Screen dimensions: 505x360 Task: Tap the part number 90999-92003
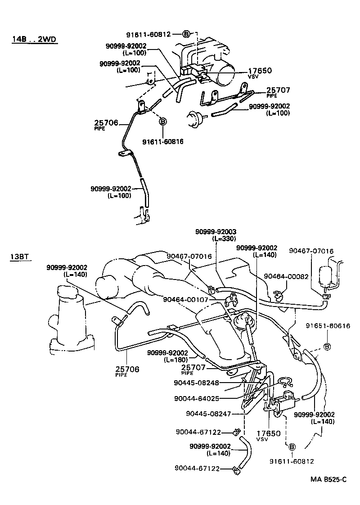click(216, 231)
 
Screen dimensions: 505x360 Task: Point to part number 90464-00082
click(286, 276)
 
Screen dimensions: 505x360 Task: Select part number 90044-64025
click(196, 398)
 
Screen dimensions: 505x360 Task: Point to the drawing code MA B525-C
click(328, 480)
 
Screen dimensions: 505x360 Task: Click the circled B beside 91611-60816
click(163, 122)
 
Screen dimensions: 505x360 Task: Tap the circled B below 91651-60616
click(327, 347)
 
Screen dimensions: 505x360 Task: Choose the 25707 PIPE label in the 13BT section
click(193, 370)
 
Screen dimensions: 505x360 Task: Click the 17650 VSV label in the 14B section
click(260, 73)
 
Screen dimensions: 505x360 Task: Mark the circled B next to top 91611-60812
click(187, 34)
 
